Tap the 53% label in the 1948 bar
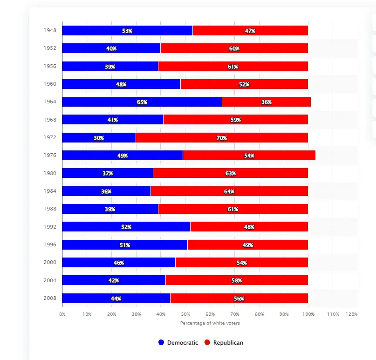click(127, 31)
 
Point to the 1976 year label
click(50, 156)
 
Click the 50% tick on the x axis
click(185, 314)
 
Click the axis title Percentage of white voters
click(210, 323)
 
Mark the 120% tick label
click(352, 314)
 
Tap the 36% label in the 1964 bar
click(267, 102)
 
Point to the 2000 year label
click(50, 262)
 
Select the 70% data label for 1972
click(222, 138)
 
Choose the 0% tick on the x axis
click(62, 314)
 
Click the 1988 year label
click(50, 209)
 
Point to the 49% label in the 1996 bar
click(248, 245)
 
